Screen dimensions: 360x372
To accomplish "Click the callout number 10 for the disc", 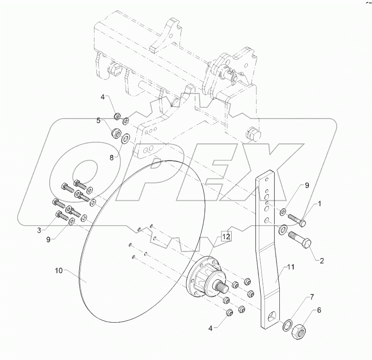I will click(x=59, y=271).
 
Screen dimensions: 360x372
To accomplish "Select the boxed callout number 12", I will click(x=225, y=236).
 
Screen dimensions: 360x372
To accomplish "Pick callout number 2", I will click(x=321, y=261).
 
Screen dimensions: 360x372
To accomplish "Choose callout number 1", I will click(x=320, y=204).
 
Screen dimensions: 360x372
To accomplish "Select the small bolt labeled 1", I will click(x=297, y=221).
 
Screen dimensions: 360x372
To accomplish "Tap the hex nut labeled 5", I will click(x=116, y=133).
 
